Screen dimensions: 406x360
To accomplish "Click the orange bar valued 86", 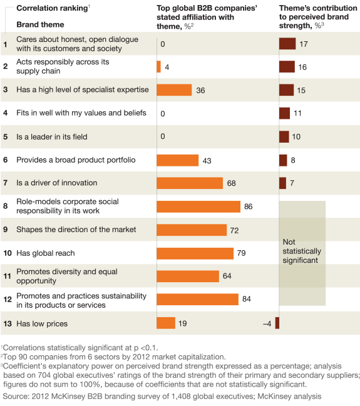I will pyautogui.click(x=198, y=206).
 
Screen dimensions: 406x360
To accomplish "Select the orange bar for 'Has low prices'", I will pyautogui.click(x=165, y=323).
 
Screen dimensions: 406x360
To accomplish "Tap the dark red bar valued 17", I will pyautogui.click(x=287, y=44).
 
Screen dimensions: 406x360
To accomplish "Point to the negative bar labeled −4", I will pyautogui.click(x=277, y=323).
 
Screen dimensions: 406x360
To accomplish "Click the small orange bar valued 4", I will pyautogui.click(x=158, y=67).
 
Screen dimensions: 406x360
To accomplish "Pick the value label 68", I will pyautogui.click(x=232, y=183).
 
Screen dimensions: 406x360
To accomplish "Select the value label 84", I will pyautogui.click(x=247, y=299).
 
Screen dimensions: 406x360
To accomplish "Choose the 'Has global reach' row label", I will pyautogui.click(x=45, y=253).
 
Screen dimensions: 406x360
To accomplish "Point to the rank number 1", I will pyautogui.click(x=5, y=44).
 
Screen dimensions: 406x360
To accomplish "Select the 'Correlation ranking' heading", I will pyautogui.click(x=43, y=8).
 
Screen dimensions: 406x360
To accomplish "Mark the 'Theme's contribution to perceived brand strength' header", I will pyautogui.click(x=318, y=16).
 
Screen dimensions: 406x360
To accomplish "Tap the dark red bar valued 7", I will pyautogui.click(x=282, y=183).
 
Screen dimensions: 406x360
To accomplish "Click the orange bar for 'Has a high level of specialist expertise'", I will pyautogui.click(x=173, y=90).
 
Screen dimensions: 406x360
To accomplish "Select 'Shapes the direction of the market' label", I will pyautogui.click(x=76, y=230).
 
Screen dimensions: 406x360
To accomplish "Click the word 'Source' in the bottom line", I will pyautogui.click(x=14, y=396).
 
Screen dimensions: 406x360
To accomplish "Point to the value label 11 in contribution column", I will pyautogui.click(x=297, y=113).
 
